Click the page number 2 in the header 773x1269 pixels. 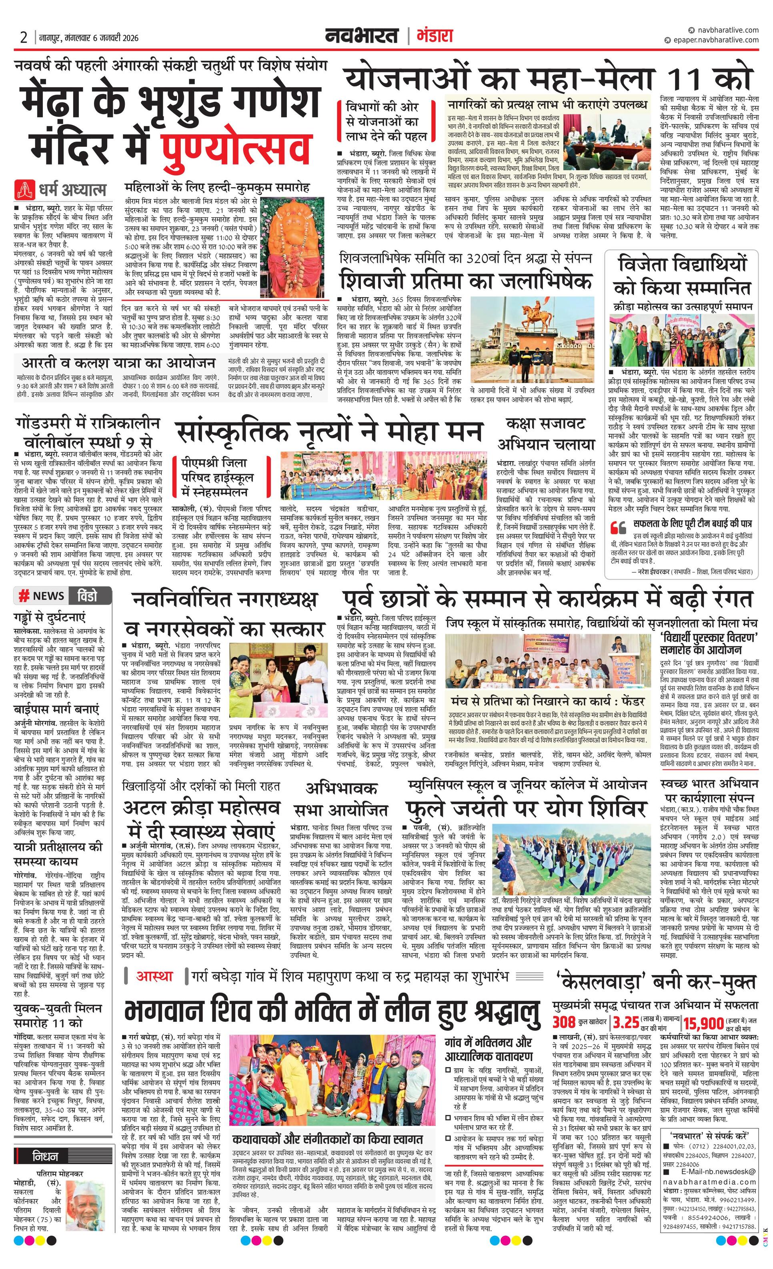coord(23,38)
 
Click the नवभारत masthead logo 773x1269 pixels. coord(362,36)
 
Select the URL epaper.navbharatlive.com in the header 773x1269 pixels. coord(714,40)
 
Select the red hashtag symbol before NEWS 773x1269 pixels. coord(23,596)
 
